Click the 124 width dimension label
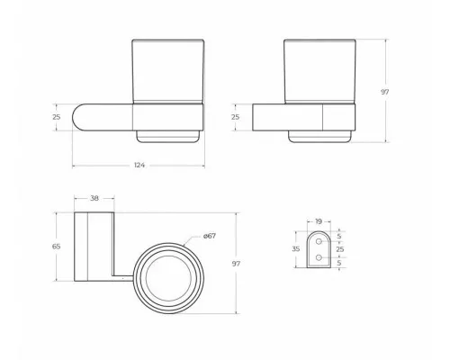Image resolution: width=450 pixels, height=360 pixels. [139, 165]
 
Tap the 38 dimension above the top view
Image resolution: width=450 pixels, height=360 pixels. [94, 198]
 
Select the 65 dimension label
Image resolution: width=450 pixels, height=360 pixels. [57, 247]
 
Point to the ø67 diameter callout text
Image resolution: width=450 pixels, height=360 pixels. [210, 236]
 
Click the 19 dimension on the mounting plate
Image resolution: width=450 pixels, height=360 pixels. [319, 221]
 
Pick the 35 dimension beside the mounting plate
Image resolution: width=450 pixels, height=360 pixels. [296, 249]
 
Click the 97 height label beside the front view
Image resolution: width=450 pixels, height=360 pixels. [385, 92]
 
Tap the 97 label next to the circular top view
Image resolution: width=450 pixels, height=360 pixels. [236, 264]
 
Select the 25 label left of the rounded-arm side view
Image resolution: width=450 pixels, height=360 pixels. [57, 117]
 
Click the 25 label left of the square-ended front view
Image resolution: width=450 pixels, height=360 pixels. [236, 117]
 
